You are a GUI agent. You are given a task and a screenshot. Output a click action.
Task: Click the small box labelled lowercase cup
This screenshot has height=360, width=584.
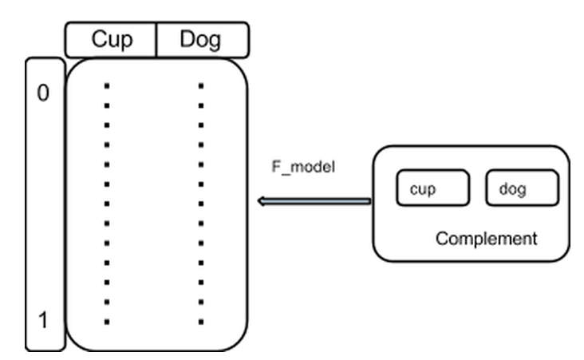point(432,188)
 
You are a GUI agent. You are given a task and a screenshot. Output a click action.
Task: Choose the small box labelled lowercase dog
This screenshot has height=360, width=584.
point(522,188)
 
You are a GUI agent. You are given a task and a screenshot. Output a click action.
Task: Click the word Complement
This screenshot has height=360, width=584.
point(486,238)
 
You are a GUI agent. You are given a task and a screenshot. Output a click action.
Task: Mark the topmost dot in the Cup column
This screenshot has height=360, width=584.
point(107,84)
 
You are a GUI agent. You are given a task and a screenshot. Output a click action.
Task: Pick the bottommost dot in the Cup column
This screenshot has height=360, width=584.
point(107,322)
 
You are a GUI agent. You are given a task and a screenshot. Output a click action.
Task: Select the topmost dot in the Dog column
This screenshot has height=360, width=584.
point(201,84)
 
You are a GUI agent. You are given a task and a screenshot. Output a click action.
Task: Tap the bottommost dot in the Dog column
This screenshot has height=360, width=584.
point(201,322)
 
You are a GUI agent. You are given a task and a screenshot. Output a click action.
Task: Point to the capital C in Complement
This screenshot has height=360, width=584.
point(441,238)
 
